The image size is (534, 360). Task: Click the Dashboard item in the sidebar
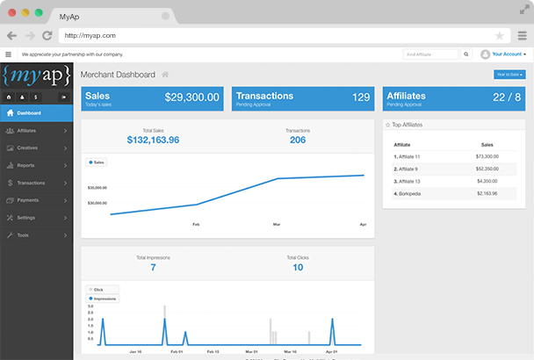pos(28,113)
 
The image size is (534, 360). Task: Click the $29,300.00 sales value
pos(192,97)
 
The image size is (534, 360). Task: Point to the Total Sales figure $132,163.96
pos(153,140)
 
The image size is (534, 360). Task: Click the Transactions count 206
pos(298,140)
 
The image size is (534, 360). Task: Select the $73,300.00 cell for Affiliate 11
pos(487,155)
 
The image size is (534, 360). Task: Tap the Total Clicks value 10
pos(298,267)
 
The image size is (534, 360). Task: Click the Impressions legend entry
pos(105,299)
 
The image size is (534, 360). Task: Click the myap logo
pos(36,75)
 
